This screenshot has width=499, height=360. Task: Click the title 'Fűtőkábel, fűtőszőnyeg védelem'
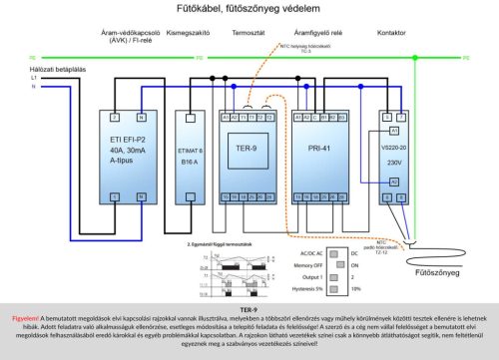[x=249, y=9]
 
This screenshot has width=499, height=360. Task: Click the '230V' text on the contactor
[x=394, y=163]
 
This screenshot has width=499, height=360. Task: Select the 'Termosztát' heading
[x=247, y=33]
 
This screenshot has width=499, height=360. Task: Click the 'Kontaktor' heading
[x=390, y=33]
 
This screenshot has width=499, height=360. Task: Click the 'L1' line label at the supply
[x=33, y=77]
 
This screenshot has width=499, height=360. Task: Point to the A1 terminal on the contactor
[x=394, y=131]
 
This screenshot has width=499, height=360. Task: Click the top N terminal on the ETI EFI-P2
[x=141, y=118]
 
